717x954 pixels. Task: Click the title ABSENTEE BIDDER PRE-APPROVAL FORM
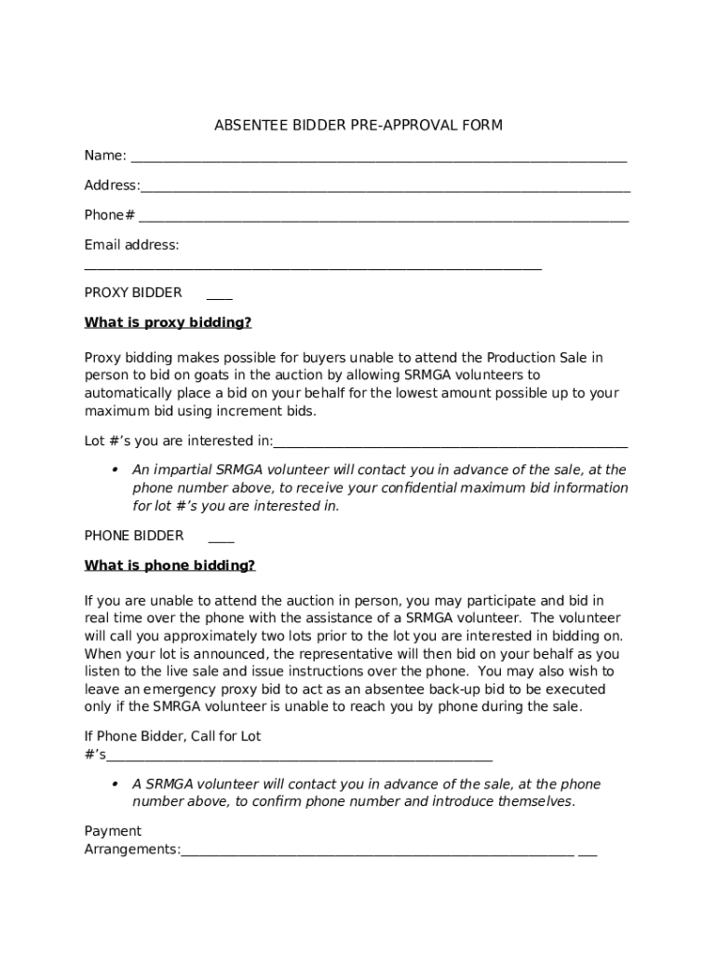pyautogui.click(x=358, y=125)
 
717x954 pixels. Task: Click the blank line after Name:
pyautogui.click(x=378, y=160)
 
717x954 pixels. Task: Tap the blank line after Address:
pyautogui.click(x=386, y=190)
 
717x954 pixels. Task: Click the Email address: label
pyautogui.click(x=131, y=245)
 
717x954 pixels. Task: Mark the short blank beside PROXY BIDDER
pyautogui.click(x=220, y=298)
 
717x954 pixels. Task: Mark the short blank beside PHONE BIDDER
pyautogui.click(x=222, y=541)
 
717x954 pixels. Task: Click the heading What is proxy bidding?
pyautogui.click(x=168, y=323)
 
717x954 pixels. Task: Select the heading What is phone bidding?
pyautogui.click(x=169, y=566)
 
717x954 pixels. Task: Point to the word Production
pyautogui.click(x=521, y=358)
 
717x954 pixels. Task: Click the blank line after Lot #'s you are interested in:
pyautogui.click(x=451, y=445)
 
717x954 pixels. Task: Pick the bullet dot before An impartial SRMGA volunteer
pyautogui.click(x=115, y=469)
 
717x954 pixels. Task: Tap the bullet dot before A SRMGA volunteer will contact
pyautogui.click(x=115, y=784)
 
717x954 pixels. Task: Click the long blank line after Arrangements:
pyautogui.click(x=377, y=854)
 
